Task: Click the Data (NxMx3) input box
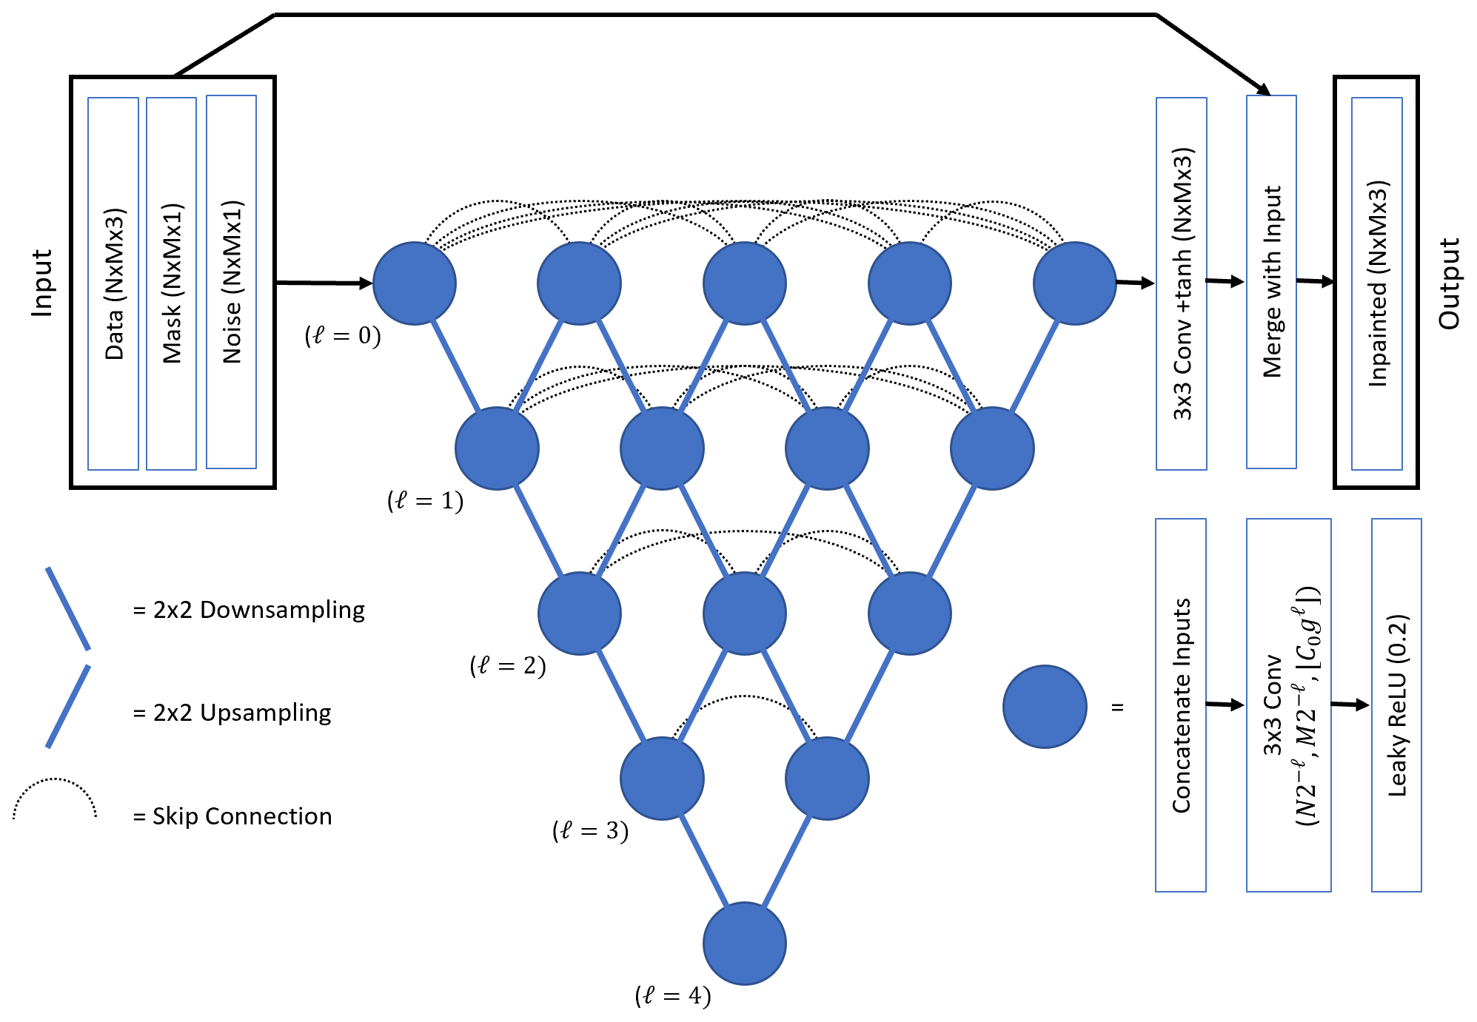point(113,283)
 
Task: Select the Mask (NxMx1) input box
point(171,283)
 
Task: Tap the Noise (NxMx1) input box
point(231,282)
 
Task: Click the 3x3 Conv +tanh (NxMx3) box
point(1182,283)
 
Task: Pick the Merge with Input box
point(1271,282)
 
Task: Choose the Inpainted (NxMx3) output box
point(1376,283)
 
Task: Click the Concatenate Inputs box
point(1181,705)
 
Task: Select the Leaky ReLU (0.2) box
point(1396,705)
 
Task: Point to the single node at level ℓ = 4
point(744,944)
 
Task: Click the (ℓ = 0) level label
point(343,336)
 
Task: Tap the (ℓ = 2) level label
point(508,666)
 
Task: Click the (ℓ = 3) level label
point(590,831)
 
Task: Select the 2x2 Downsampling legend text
point(249,610)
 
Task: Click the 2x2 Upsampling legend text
point(232,713)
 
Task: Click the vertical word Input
point(42,283)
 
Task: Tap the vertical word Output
point(1449,283)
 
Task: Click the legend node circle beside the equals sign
point(1045,707)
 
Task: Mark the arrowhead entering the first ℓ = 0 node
point(365,283)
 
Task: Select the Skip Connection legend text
point(232,816)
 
